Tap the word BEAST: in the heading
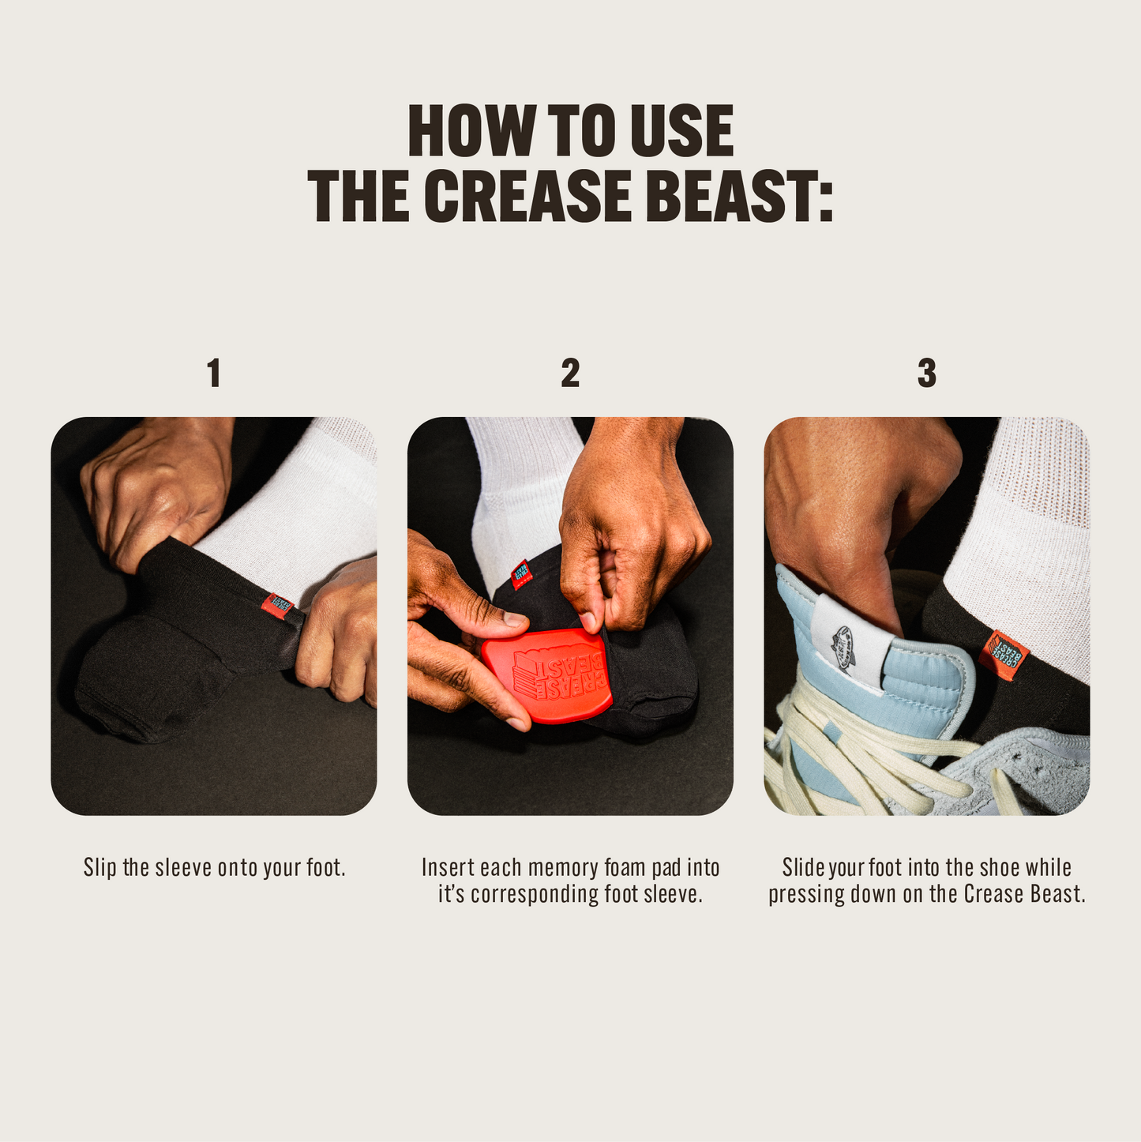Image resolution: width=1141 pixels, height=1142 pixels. [739, 196]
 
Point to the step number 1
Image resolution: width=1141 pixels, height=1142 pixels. [214, 373]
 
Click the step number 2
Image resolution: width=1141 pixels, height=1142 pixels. [570, 373]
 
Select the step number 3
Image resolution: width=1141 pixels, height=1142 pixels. [927, 373]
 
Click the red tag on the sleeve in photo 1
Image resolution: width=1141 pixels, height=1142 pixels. [278, 605]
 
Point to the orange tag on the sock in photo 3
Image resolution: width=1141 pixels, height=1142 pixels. [1004, 655]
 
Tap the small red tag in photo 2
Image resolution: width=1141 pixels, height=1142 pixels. [520, 575]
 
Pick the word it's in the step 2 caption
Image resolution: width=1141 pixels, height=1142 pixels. [452, 894]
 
